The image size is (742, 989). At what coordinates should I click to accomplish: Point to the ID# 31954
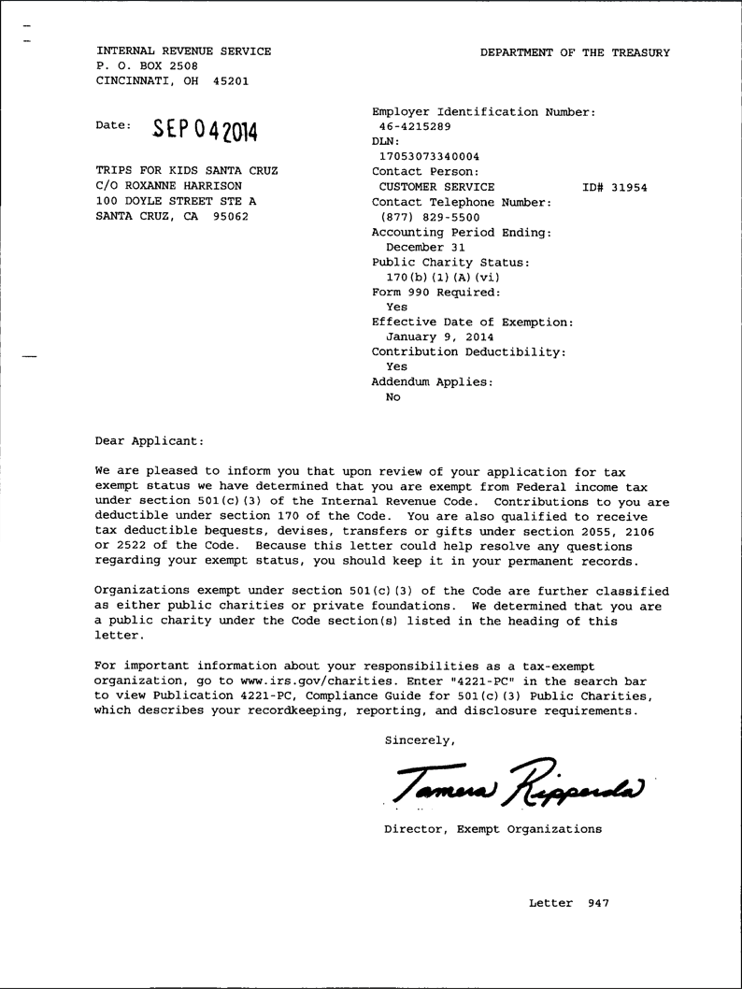click(x=614, y=187)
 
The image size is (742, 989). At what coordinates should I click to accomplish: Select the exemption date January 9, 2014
click(x=440, y=337)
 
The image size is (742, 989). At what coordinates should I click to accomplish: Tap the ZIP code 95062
click(x=230, y=216)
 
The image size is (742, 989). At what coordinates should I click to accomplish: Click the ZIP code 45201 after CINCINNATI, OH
click(x=230, y=81)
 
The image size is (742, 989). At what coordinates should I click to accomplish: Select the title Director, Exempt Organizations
click(x=492, y=829)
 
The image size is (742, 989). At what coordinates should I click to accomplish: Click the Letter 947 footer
click(x=568, y=903)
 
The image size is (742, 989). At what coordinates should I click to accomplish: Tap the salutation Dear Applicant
click(x=149, y=440)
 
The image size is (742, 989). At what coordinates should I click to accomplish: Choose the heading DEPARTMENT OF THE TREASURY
click(x=575, y=52)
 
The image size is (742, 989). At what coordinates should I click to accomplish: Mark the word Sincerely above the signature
click(x=421, y=740)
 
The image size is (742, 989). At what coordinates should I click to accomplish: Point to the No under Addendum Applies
click(x=392, y=396)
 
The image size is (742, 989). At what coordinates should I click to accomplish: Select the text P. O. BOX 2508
click(x=147, y=66)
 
